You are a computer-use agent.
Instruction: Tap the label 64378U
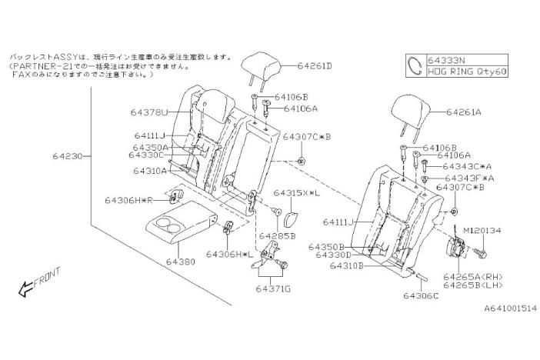(150, 112)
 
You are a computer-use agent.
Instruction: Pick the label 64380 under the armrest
(180, 261)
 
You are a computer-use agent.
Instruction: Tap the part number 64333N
(446, 59)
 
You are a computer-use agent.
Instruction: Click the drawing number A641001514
(499, 308)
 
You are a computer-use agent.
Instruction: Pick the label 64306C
(420, 293)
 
